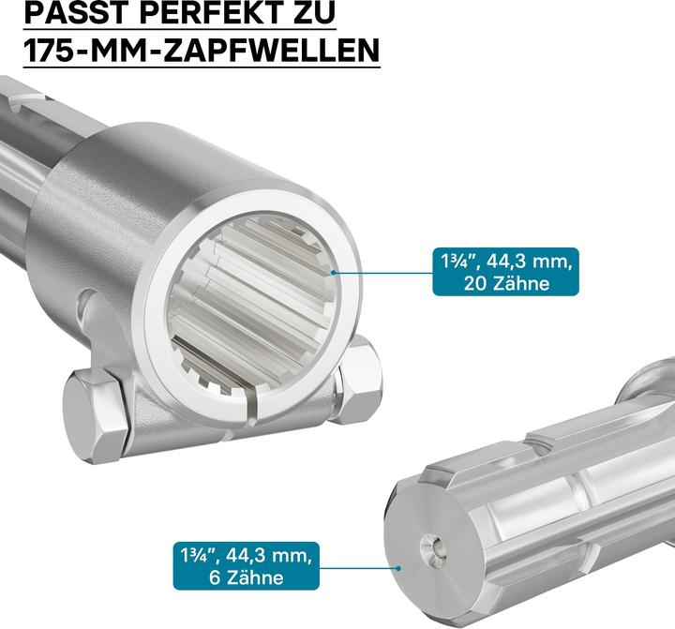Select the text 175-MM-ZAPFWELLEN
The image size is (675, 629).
click(202, 49)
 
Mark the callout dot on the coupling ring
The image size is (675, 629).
click(333, 273)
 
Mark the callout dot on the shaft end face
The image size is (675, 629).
click(398, 568)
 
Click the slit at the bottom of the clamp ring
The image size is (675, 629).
click(255, 404)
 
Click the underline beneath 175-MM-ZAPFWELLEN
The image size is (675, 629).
click(202, 67)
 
